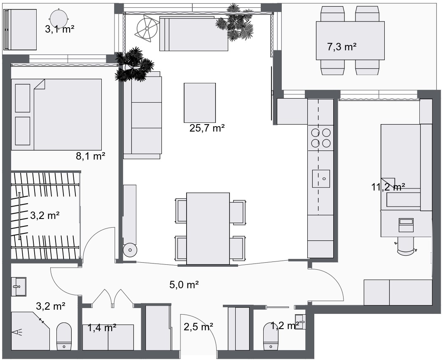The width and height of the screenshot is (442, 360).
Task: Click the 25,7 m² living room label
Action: (207, 128)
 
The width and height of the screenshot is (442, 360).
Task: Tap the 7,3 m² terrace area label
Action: (341, 47)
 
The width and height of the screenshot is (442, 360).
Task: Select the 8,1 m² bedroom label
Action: (91, 156)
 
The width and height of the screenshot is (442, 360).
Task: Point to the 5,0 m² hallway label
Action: (184, 285)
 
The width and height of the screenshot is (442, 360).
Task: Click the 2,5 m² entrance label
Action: (198, 327)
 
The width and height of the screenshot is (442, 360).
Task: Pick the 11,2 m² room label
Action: (388, 187)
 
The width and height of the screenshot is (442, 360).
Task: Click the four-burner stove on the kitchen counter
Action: (321, 138)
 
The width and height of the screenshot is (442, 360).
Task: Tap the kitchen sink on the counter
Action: (321, 179)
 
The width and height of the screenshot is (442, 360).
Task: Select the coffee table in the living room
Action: (200, 103)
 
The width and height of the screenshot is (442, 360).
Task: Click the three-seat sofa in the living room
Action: (143, 115)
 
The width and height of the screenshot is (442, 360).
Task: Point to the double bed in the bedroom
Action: (56, 115)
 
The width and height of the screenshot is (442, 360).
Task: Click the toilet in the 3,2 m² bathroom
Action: (64, 336)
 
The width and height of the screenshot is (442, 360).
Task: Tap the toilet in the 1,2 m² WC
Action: (271, 336)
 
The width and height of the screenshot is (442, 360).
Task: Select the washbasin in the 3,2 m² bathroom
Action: (19, 287)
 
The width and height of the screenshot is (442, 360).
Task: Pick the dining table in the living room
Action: (208, 228)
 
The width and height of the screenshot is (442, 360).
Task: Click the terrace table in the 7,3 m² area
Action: (350, 41)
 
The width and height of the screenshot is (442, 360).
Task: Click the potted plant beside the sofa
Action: (134, 65)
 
